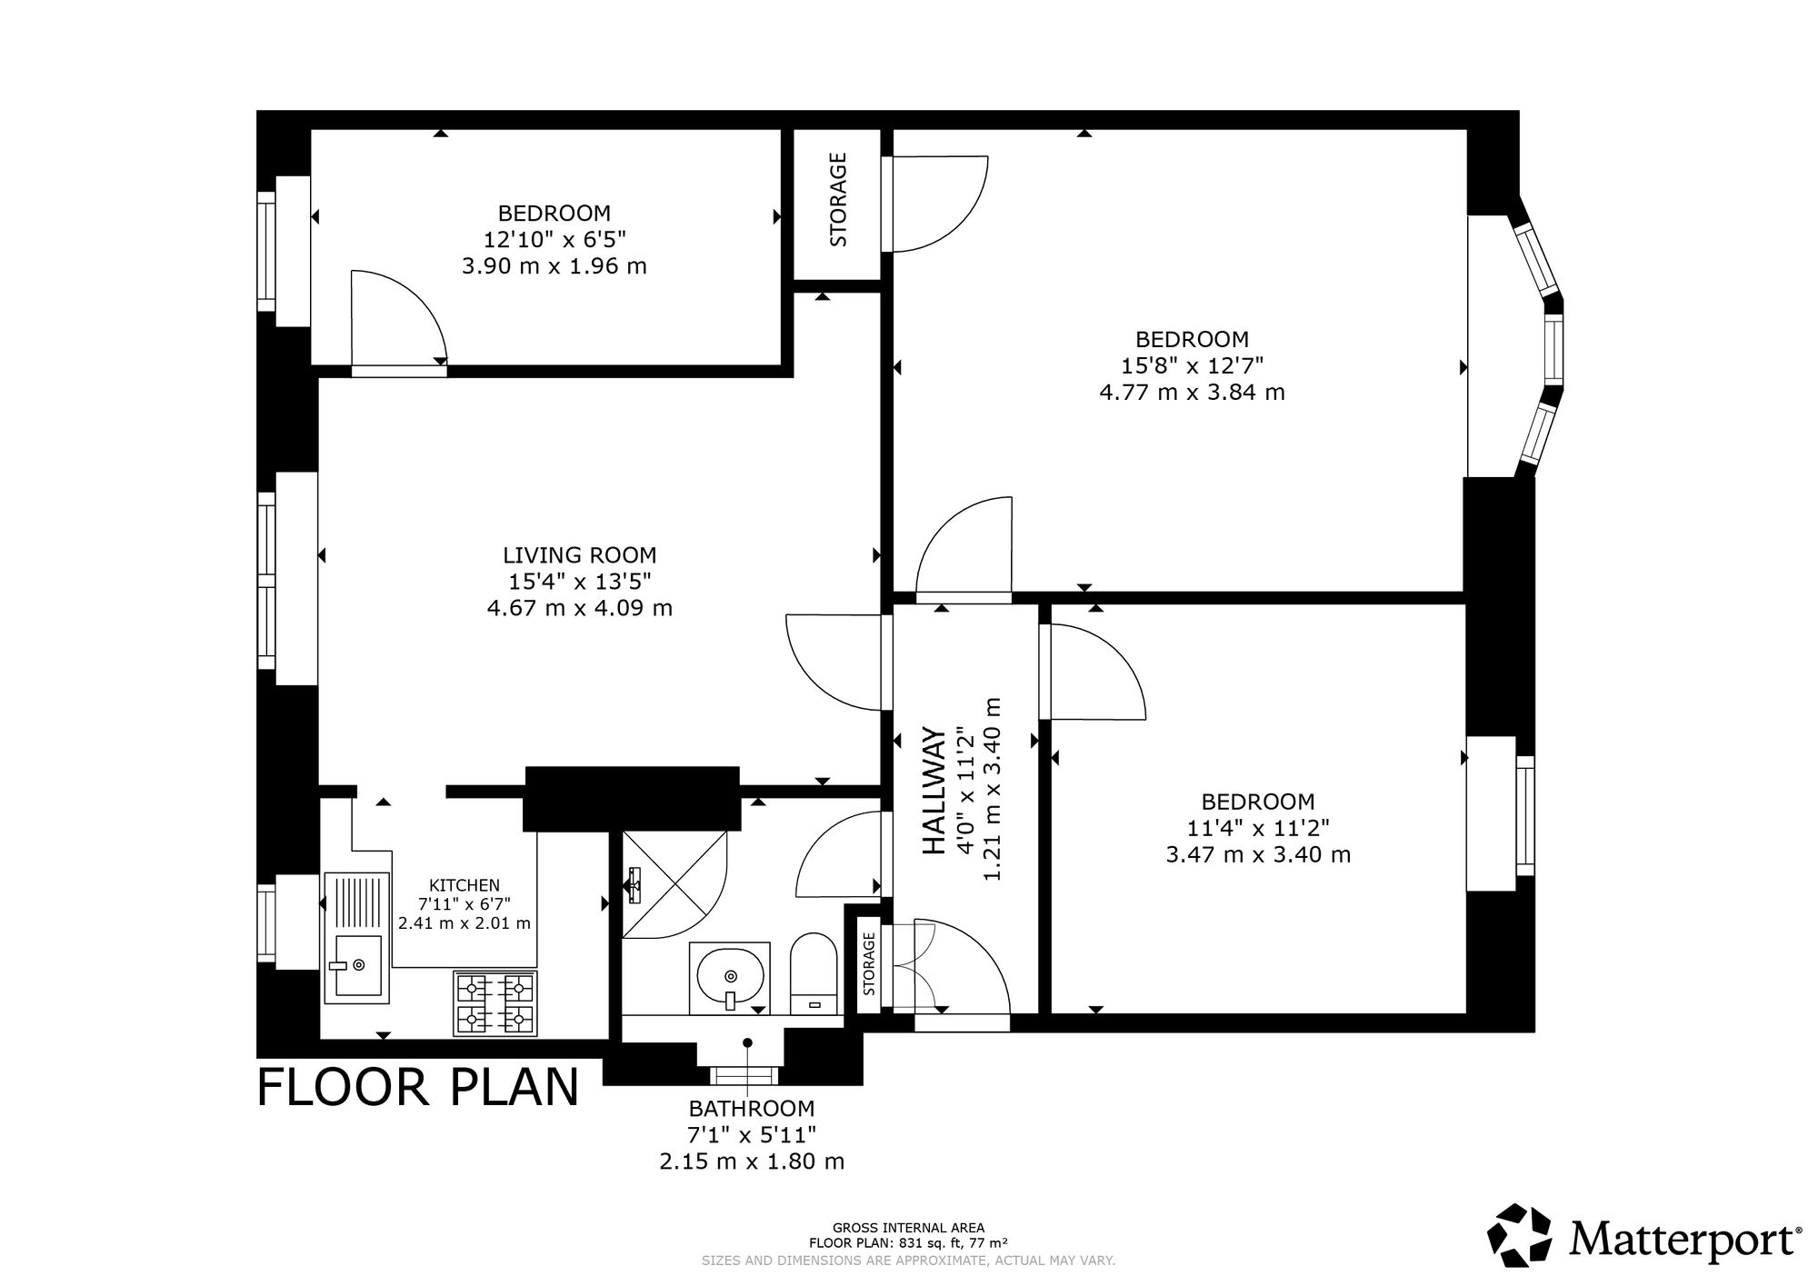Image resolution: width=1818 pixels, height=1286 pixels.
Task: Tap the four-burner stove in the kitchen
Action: pos(495,1003)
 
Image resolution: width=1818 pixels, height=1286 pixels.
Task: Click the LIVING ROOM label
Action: pos(580,554)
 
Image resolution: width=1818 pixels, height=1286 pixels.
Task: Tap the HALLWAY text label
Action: pos(934,791)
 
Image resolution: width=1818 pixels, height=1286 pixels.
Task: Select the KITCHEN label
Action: pos(464,885)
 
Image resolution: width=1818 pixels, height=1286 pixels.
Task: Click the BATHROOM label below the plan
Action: pos(752,1109)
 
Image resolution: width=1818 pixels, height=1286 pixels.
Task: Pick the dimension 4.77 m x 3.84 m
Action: pos(1193,393)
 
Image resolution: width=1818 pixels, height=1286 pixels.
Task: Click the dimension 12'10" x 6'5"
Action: pos(554,240)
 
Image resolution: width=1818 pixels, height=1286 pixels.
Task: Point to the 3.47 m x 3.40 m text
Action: pos(1258,855)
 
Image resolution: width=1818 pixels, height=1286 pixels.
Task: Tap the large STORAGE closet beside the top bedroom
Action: pos(838,204)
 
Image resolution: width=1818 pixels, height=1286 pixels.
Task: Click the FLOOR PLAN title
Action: pos(418,1087)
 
